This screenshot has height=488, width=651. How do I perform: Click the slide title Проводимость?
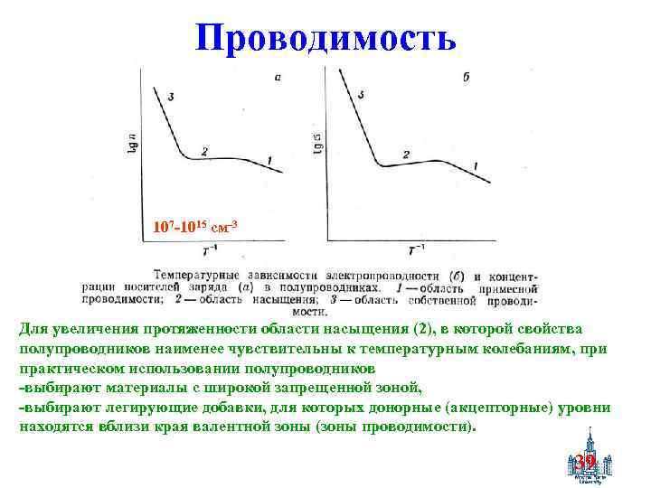tap(325, 37)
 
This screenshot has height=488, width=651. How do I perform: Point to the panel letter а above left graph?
tap(278, 78)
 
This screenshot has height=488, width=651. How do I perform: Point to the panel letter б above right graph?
tap(465, 79)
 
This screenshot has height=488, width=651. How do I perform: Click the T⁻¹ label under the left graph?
tap(209, 250)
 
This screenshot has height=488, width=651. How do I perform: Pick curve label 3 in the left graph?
tap(171, 96)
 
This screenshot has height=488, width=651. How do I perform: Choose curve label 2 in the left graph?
tap(205, 150)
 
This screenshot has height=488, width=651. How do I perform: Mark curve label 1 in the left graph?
tap(269, 161)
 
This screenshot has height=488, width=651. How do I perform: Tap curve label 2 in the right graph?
tap(406, 155)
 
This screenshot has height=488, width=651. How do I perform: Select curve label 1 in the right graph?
tap(476, 165)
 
